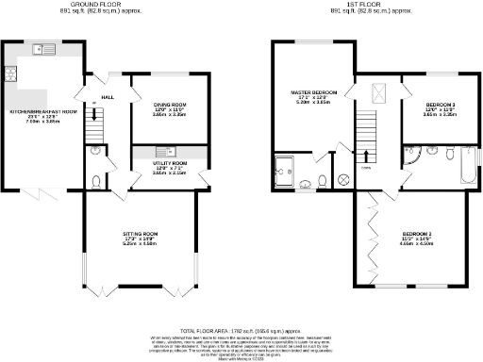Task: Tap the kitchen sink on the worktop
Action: [x=41, y=48]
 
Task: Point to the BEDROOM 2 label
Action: [x=416, y=237]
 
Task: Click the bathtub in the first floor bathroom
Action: [x=468, y=164]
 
